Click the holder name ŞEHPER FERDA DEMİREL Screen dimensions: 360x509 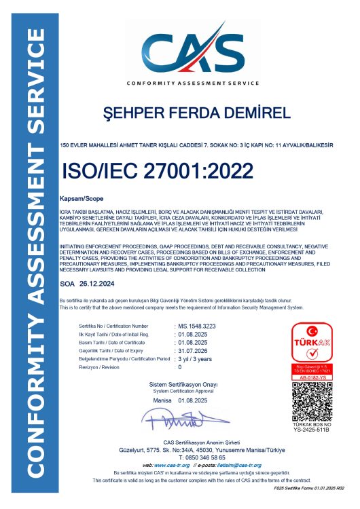pyautogui.click(x=185, y=112)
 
